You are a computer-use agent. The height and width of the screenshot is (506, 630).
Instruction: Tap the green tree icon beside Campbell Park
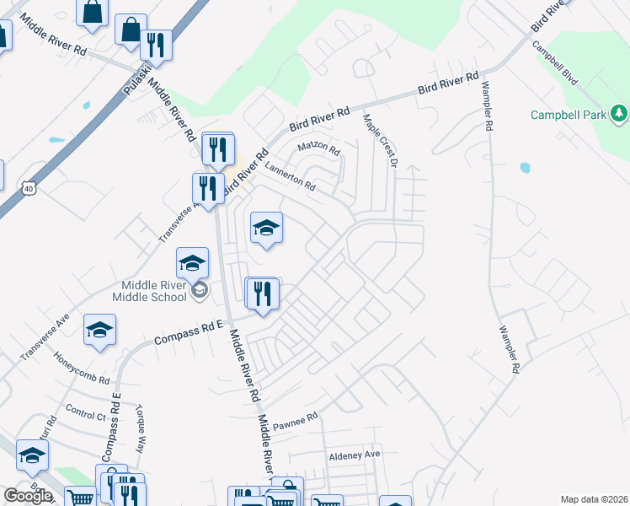620,113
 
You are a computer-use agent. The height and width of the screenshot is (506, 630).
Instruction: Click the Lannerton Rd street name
289,176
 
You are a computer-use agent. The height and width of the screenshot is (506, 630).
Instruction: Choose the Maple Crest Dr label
379,140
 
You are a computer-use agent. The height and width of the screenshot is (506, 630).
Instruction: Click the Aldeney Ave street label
355,454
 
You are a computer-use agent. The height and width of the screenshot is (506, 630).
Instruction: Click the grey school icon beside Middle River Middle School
200,292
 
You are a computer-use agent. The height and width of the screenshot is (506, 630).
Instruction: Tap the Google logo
28,496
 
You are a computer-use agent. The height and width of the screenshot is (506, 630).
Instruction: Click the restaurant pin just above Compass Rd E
262,293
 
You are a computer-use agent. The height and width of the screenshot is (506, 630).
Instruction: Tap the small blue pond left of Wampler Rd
526,168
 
